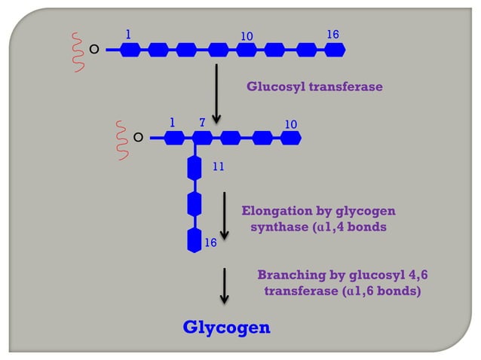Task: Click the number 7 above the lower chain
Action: [x=201, y=122]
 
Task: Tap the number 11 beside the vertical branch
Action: [x=219, y=166]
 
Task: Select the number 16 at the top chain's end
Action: [x=332, y=35]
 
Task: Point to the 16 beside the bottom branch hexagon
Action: [x=210, y=243]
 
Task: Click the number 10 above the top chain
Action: [x=247, y=36]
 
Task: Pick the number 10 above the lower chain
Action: [x=291, y=123]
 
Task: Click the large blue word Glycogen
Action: [x=226, y=328]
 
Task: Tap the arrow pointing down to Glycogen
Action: [x=224, y=286]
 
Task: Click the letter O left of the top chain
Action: [x=94, y=50]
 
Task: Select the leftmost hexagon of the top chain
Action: [x=130, y=50]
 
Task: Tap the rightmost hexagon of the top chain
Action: [x=334, y=50]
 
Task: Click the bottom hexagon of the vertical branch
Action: [x=195, y=240]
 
